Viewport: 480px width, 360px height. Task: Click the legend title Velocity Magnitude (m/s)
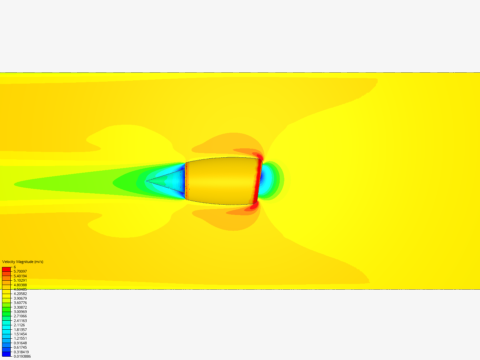(x=23, y=262)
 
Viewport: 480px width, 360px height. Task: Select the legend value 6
(x=15, y=267)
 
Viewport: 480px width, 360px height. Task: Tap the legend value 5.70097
(x=20, y=271)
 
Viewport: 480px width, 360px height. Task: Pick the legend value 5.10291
(x=20, y=280)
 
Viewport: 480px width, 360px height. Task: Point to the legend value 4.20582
(x=20, y=294)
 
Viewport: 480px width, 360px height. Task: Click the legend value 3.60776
(x=20, y=303)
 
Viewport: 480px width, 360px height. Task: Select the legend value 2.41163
(x=20, y=321)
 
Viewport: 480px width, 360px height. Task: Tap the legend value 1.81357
(x=20, y=330)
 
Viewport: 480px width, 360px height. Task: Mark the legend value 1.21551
(x=20, y=338)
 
